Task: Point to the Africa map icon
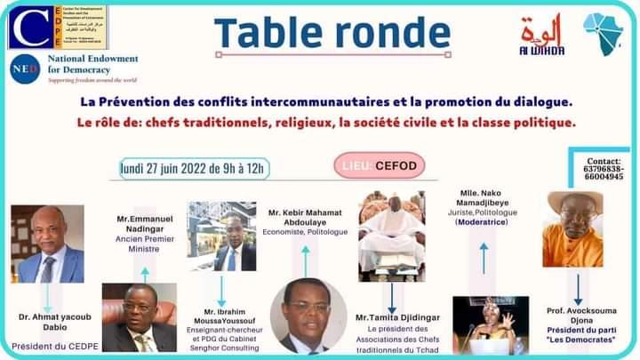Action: coord(604,32)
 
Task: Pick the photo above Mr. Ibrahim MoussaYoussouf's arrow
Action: coord(221,235)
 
